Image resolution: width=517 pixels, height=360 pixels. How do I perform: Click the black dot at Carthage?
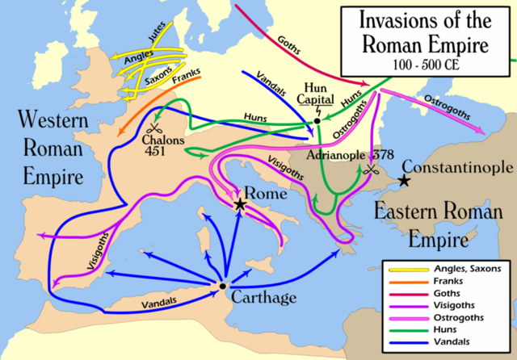coord(222,286)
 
